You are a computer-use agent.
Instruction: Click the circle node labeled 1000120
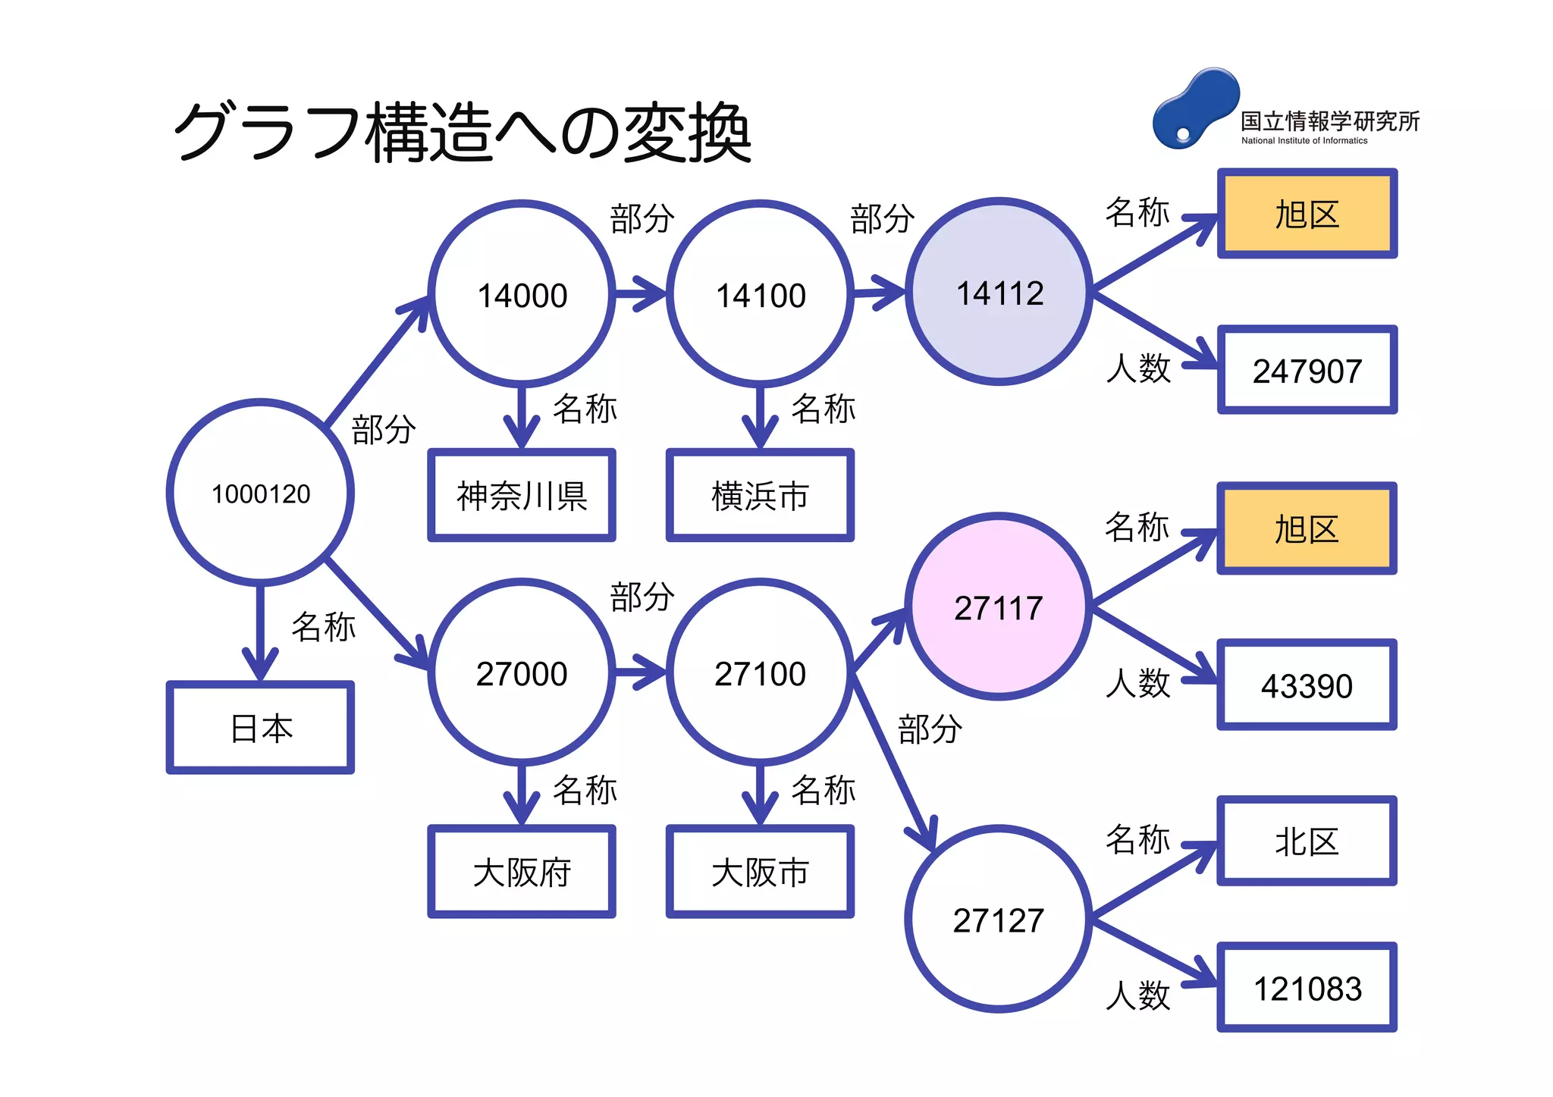click(x=260, y=493)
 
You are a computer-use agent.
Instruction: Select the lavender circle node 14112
click(x=999, y=293)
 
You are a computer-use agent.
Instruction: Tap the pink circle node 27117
click(x=999, y=607)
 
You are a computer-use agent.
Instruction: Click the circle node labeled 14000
click(x=522, y=294)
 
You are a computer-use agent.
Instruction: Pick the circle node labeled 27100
click(x=760, y=672)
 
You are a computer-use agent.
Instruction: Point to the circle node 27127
click(x=999, y=919)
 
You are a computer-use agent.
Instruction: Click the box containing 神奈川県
click(x=522, y=496)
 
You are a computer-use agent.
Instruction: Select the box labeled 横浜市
click(x=760, y=496)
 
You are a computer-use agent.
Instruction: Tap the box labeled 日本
click(x=260, y=728)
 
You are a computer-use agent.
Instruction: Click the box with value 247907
click(x=1307, y=371)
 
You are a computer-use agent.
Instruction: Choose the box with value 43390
click(x=1307, y=685)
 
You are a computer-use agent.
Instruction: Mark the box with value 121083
click(x=1307, y=988)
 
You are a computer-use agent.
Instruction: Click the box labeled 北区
click(x=1307, y=842)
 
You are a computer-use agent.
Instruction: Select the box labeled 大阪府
click(x=522, y=872)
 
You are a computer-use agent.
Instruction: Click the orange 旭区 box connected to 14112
click(x=1307, y=215)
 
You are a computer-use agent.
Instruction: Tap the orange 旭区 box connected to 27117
click(x=1307, y=528)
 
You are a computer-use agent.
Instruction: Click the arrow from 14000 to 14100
click(x=639, y=293)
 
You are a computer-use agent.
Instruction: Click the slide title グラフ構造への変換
click(x=463, y=133)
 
